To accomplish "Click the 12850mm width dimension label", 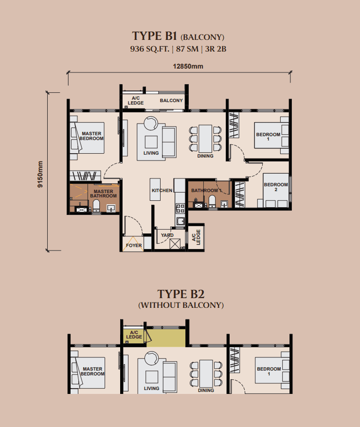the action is (x=188, y=67).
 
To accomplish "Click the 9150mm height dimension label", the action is (x=40, y=174).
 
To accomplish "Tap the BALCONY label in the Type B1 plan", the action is (x=171, y=101).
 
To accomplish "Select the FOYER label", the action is (x=134, y=246).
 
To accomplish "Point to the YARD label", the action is (x=167, y=235).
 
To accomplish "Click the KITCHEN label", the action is (x=162, y=190).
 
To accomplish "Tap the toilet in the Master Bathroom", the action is (x=96, y=206).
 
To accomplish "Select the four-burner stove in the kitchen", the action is (x=180, y=208).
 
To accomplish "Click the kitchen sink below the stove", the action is (x=180, y=221).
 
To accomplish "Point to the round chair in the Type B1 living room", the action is (x=151, y=124).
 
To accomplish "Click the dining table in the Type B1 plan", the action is (x=205, y=139).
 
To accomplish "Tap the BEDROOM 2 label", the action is (x=276, y=187).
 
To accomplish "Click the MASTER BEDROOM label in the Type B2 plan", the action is (x=92, y=372).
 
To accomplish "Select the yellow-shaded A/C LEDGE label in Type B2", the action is (x=134, y=335).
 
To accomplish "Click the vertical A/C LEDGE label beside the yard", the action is (x=196, y=237).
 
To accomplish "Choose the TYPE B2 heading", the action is (x=181, y=294).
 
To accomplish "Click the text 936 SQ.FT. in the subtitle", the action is (x=149, y=49).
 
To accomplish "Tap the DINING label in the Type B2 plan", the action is (x=206, y=390).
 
